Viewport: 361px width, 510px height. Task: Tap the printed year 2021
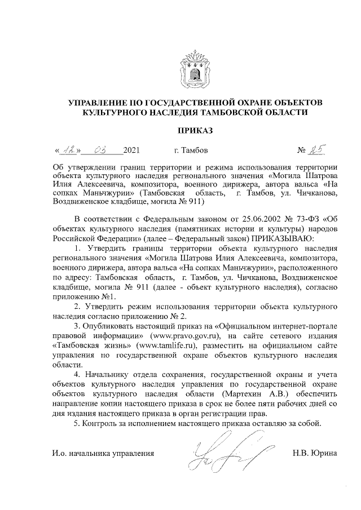click(x=131, y=150)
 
